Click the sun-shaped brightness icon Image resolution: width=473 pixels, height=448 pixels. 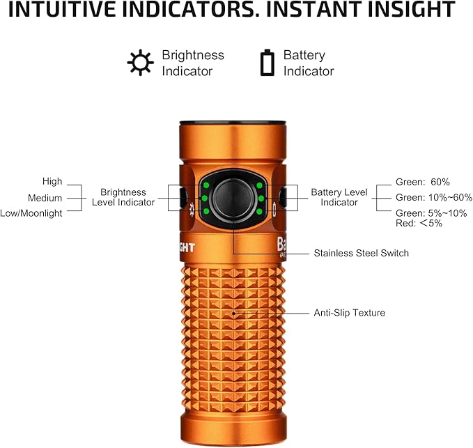tap(140, 63)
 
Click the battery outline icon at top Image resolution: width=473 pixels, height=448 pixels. tap(267, 62)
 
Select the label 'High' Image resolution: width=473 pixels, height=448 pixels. tap(52, 182)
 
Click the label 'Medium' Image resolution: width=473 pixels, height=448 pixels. tap(45, 198)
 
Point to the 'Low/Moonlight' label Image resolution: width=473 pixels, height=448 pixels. tap(31, 213)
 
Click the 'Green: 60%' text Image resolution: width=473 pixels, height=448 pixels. tap(422, 182)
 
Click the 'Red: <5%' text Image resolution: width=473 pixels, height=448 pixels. tap(417, 224)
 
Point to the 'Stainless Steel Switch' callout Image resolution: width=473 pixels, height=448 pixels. tap(361, 253)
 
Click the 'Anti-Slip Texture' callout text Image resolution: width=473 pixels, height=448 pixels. tap(349, 313)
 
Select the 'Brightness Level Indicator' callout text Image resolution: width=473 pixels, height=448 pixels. tap(123, 197)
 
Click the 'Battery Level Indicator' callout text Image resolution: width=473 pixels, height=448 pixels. tap(339, 197)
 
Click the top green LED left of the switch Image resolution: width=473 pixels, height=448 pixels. tap(207, 185)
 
